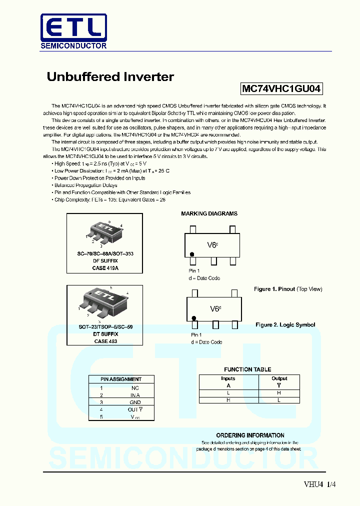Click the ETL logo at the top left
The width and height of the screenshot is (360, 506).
[x=73, y=31]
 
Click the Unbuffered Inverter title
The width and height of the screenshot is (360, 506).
[x=110, y=77]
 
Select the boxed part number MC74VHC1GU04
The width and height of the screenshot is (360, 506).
[x=281, y=89]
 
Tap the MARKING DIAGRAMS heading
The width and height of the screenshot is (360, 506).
[x=209, y=213]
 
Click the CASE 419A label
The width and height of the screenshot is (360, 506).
[x=105, y=268]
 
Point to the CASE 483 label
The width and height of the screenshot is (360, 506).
[x=105, y=341]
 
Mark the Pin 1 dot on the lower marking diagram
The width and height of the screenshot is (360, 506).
[x=193, y=318]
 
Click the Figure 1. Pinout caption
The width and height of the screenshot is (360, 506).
[x=288, y=289]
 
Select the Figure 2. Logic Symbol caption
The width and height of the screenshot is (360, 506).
[x=285, y=325]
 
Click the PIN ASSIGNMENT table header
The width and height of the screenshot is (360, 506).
[x=121, y=379]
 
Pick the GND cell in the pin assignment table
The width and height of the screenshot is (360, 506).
[x=135, y=402]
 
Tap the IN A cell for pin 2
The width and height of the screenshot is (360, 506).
[x=135, y=395]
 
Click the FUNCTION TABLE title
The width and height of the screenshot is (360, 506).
[x=247, y=369]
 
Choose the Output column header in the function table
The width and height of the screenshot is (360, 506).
[x=279, y=378]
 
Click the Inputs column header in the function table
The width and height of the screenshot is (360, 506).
[x=228, y=378]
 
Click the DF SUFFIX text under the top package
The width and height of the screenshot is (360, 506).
[x=105, y=261]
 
